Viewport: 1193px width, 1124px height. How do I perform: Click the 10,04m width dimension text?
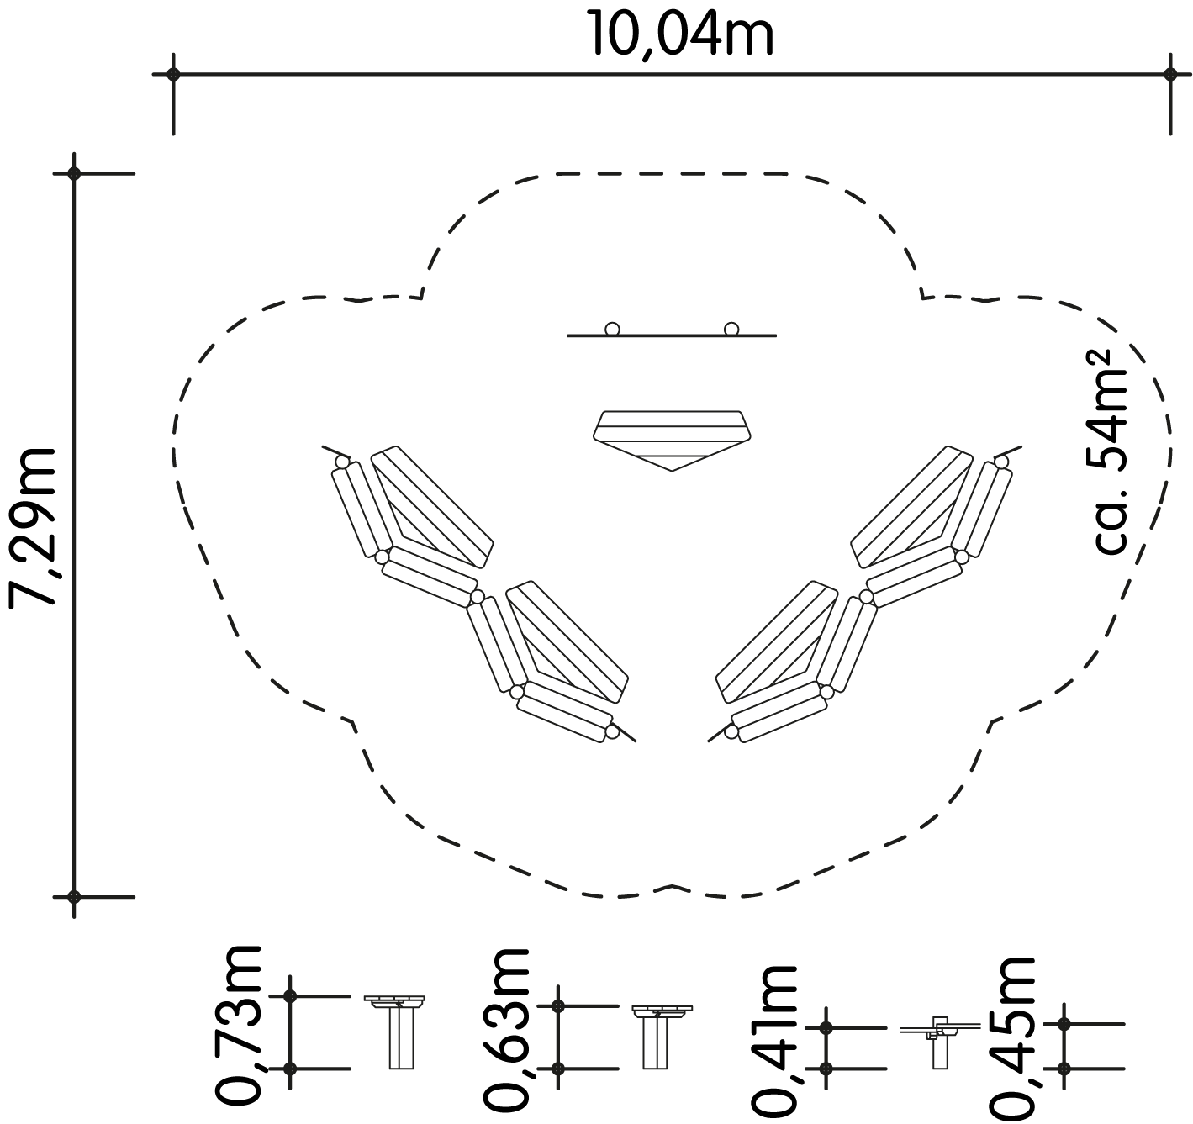(x=682, y=34)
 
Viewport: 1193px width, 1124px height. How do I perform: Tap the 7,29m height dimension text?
(x=33, y=528)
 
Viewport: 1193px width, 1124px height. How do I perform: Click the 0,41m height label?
(x=774, y=1041)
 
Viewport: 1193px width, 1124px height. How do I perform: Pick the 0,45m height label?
(x=1013, y=1038)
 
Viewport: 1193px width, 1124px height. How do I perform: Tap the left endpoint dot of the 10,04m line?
(x=173, y=75)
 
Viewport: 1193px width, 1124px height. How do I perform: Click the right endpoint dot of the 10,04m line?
(x=1170, y=75)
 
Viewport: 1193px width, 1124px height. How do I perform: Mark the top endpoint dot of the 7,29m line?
(x=74, y=174)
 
